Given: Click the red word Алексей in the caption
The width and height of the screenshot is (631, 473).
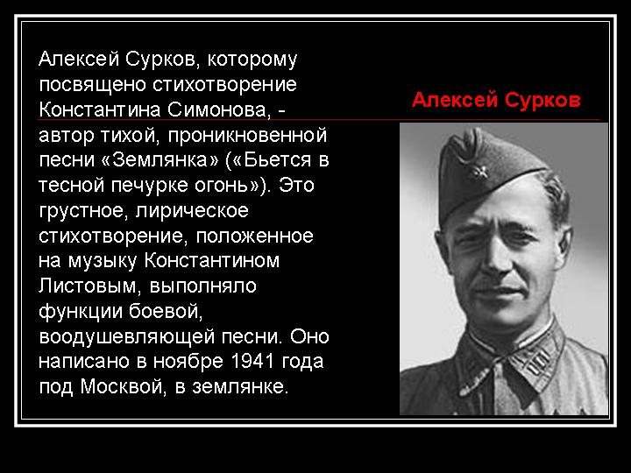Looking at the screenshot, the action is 455,100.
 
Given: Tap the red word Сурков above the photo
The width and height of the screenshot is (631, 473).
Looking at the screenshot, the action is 542,100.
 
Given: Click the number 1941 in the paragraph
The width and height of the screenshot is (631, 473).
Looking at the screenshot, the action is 252,361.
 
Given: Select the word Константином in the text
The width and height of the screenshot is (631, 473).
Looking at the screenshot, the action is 212,261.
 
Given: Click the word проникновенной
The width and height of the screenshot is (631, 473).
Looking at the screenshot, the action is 247,135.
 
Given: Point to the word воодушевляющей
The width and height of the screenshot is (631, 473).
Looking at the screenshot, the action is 127,336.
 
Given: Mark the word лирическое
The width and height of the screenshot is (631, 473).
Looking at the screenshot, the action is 192,211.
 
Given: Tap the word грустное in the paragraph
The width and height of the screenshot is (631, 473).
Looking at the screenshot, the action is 84,211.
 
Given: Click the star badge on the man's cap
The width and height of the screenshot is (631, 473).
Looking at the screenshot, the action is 479,173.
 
